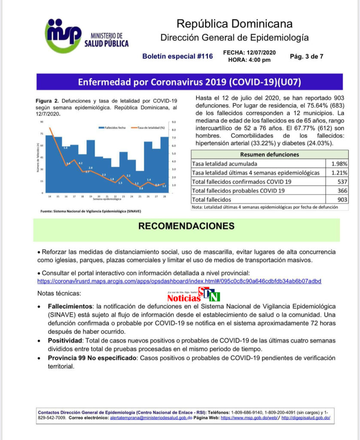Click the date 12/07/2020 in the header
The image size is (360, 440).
(x=261, y=52)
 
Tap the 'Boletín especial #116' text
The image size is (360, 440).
(x=177, y=56)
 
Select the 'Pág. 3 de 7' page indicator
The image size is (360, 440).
(x=307, y=56)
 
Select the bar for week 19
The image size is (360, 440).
(x=91, y=166)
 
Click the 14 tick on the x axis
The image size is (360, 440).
(x=50, y=196)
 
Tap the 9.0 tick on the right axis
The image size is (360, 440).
(x=174, y=122)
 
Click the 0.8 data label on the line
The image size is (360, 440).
(x=141, y=188)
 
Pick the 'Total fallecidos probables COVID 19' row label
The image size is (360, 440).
(x=238, y=190)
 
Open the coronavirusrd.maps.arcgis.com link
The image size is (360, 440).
(x=179, y=281)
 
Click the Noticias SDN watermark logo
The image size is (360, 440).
(x=194, y=296)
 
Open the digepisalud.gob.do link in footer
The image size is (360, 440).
(x=305, y=418)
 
